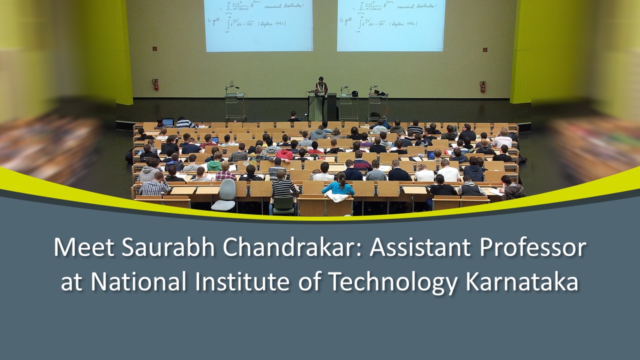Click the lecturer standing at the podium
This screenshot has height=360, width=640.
pos(320,87)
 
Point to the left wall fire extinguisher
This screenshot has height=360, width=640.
pos(155,84)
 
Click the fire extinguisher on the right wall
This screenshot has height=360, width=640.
pos(482,86)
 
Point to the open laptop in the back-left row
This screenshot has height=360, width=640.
pos(167,122)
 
